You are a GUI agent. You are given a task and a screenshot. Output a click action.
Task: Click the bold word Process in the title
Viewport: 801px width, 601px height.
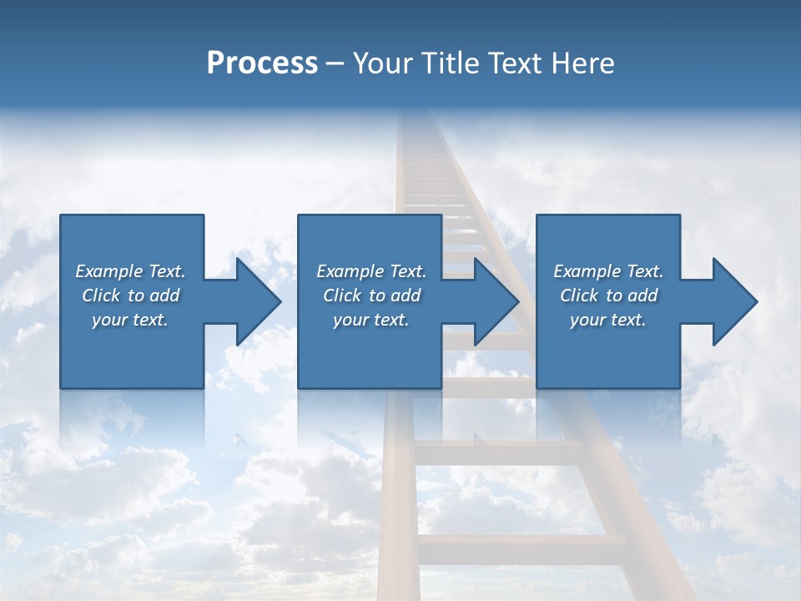(x=262, y=63)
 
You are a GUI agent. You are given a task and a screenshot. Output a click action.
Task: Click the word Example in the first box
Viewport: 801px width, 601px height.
(x=109, y=271)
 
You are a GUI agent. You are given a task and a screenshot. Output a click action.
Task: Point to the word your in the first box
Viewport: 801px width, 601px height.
(x=109, y=320)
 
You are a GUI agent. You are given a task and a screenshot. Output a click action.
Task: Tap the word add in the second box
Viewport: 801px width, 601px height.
(x=406, y=295)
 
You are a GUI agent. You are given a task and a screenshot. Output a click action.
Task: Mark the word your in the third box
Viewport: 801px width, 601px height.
(x=587, y=320)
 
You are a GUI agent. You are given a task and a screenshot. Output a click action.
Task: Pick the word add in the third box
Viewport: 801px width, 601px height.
(x=642, y=295)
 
